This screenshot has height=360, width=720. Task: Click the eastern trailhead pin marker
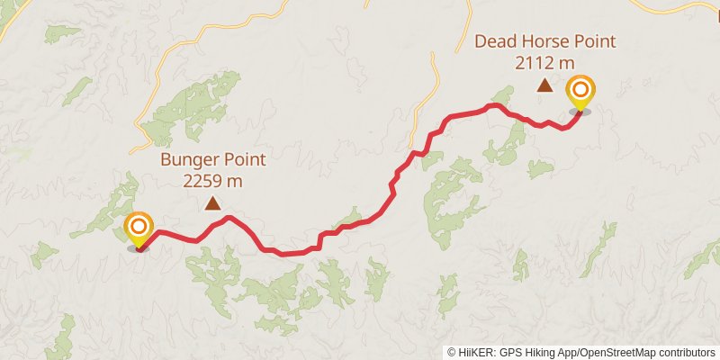pyautogui.click(x=581, y=91)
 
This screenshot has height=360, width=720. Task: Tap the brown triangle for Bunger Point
pyautogui.click(x=213, y=203)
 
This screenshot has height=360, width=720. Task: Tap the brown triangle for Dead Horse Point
pyautogui.click(x=544, y=85)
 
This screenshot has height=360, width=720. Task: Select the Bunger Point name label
pyautogui.click(x=213, y=161)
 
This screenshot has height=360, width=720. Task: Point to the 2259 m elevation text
pyautogui.click(x=213, y=181)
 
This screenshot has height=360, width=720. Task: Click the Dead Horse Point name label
pyautogui.click(x=545, y=41)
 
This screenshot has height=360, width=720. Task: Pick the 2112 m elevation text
pyautogui.click(x=545, y=62)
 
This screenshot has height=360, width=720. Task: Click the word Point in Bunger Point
pyautogui.click(x=246, y=161)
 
